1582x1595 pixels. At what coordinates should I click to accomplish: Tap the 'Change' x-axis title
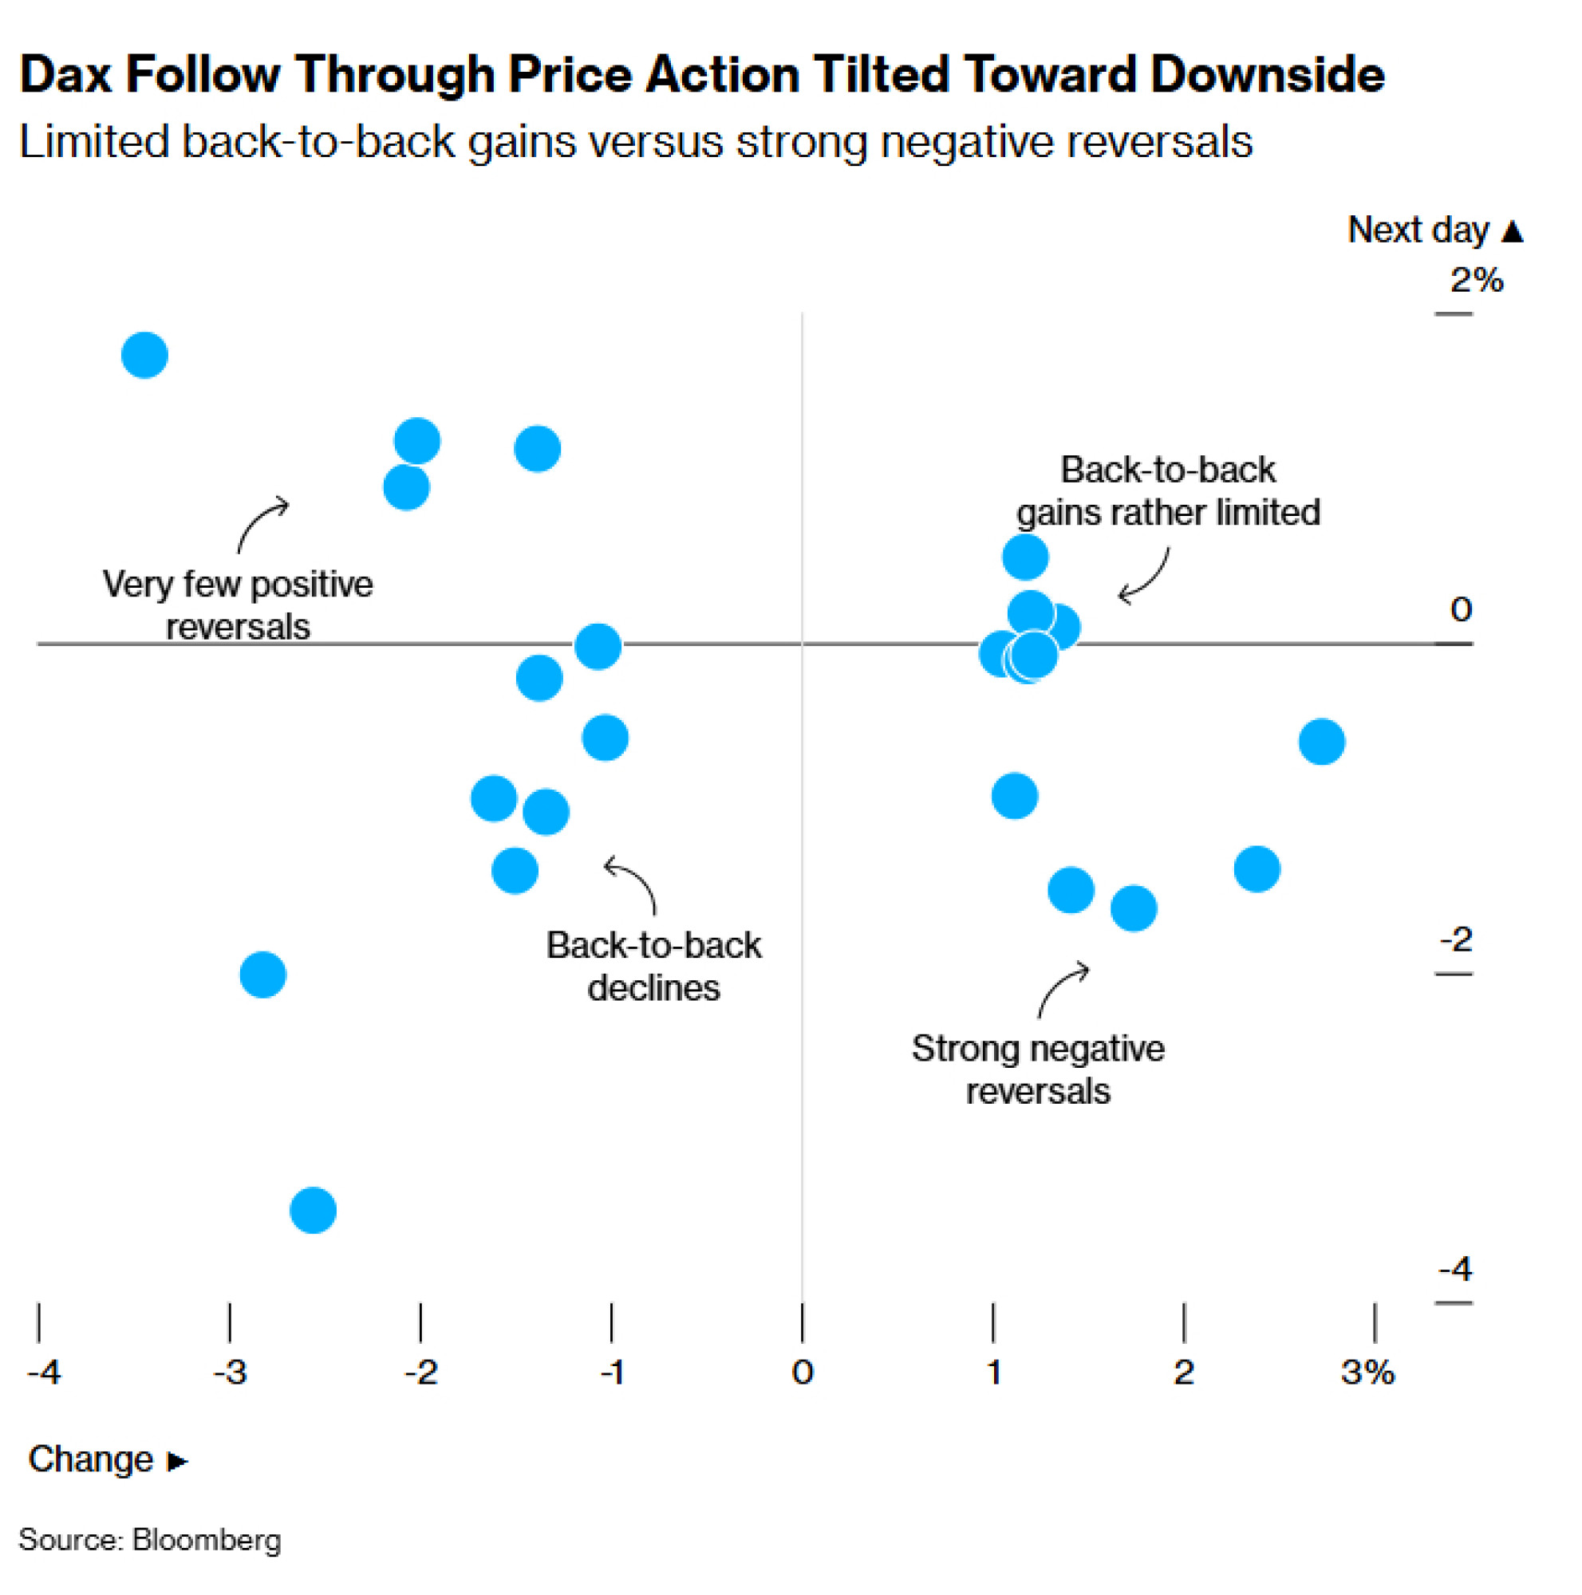click(x=91, y=1459)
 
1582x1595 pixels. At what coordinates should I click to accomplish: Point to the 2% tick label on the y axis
click(x=1477, y=280)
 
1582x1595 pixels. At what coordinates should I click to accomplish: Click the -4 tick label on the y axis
click(x=1455, y=1269)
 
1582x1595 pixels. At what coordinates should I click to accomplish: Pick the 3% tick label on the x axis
click(x=1367, y=1372)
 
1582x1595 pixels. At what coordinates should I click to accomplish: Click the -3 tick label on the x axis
click(x=230, y=1372)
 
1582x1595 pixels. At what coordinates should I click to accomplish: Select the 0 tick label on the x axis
click(x=802, y=1372)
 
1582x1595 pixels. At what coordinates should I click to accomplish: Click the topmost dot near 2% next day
click(x=144, y=355)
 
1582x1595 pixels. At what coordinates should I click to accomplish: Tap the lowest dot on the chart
click(x=313, y=1211)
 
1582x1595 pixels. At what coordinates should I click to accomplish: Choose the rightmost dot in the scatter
click(x=1321, y=742)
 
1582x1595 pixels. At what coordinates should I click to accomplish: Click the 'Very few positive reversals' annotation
click(x=238, y=605)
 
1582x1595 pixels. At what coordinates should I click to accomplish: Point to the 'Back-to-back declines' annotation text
click(x=653, y=966)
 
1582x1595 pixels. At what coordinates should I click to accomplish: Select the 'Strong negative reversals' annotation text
click(x=1038, y=1069)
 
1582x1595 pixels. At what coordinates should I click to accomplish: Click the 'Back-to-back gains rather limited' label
click(x=1167, y=490)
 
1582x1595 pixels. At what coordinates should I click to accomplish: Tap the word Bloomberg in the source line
click(x=207, y=1540)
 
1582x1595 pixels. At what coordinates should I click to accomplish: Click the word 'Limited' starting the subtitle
click(x=94, y=141)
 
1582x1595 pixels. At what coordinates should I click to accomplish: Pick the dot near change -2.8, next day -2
click(x=262, y=975)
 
